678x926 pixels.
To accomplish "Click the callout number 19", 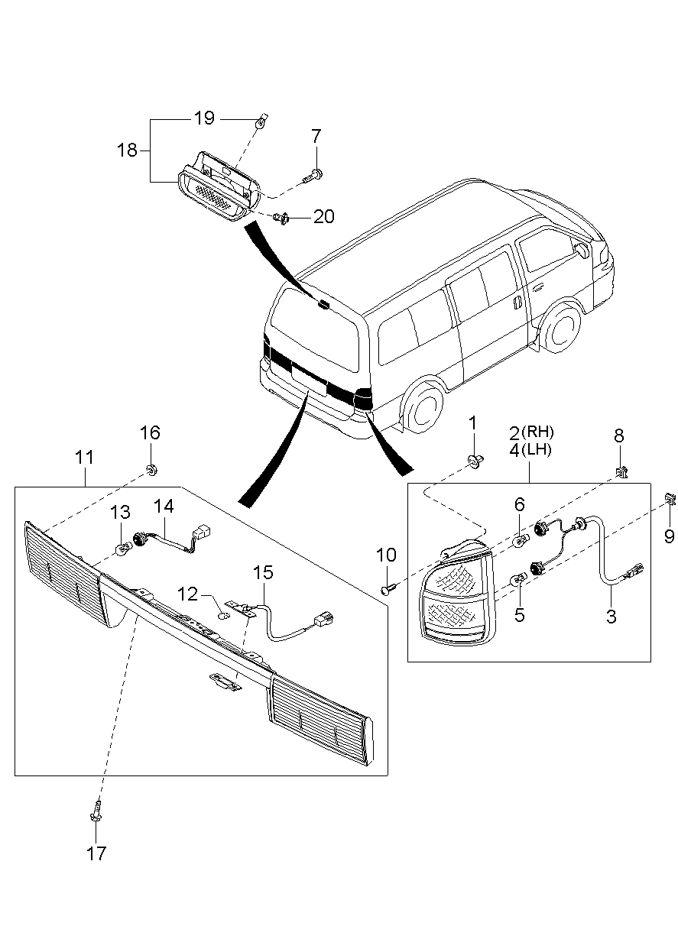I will tap(203, 118).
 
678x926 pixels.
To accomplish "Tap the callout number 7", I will tap(316, 137).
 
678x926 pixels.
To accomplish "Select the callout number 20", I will tap(323, 217).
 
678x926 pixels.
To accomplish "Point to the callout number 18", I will tap(127, 150).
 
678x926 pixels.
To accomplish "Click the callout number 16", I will tap(150, 432).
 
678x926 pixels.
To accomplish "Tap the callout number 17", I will tap(96, 853).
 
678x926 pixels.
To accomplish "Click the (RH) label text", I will tap(536, 432).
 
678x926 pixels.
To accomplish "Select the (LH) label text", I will tap(536, 449).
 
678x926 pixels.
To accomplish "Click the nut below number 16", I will tap(151, 468).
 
